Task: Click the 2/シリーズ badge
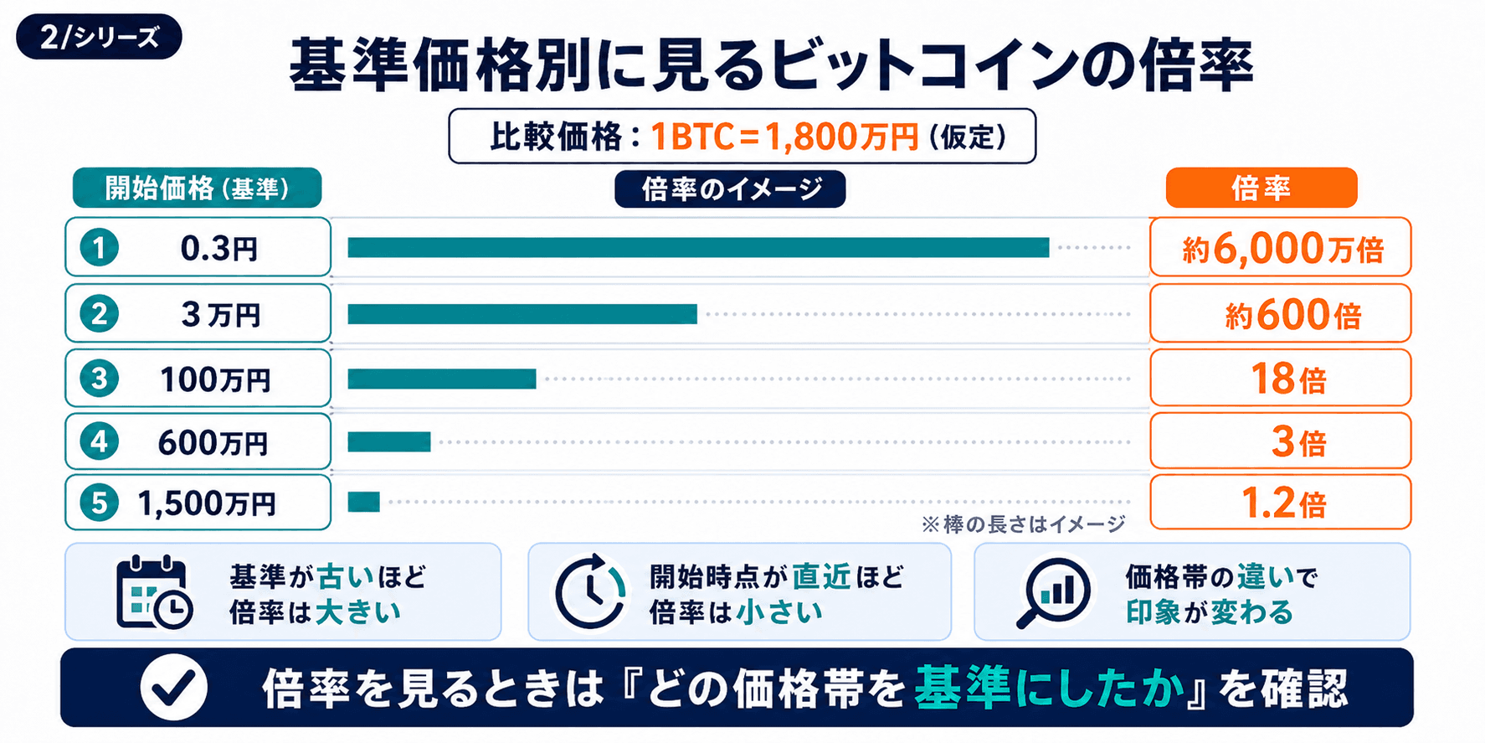point(99,37)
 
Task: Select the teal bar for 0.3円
point(698,247)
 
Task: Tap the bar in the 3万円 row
point(522,314)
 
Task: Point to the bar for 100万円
point(442,379)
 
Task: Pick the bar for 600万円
point(389,441)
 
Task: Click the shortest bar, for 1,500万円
point(364,502)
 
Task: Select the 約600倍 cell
point(1281,313)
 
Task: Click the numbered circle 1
point(100,248)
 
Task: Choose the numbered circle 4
point(100,441)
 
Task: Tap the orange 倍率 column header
point(1261,188)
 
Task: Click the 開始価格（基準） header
point(198,188)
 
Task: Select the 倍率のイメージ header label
point(730,188)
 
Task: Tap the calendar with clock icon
point(154,591)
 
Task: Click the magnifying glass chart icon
point(1054,592)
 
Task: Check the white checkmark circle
point(174,688)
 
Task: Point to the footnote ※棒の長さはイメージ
point(1023,524)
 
